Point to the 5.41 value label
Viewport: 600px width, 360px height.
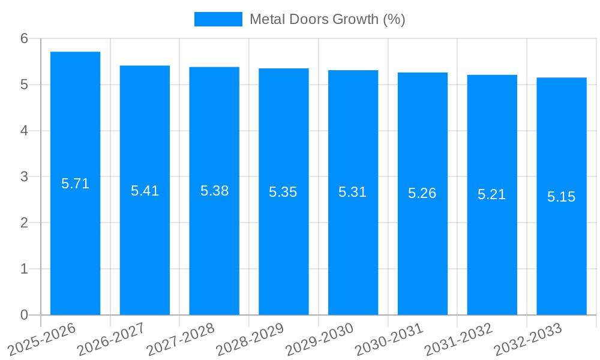pyautogui.click(x=145, y=191)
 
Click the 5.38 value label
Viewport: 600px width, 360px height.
pyautogui.click(x=214, y=191)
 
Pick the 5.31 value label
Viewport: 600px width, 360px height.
pyautogui.click(x=353, y=192)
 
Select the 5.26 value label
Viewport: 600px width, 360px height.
pyautogui.click(x=422, y=193)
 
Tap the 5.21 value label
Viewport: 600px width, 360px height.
pyautogui.click(x=492, y=194)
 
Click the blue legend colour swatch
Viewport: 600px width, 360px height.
pyautogui.click(x=218, y=19)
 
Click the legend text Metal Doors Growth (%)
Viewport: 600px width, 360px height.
pyautogui.click(x=327, y=19)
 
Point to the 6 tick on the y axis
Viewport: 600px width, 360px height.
pyautogui.click(x=24, y=38)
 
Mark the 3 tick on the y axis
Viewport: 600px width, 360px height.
pyautogui.click(x=24, y=177)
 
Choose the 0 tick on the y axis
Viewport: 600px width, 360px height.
pyautogui.click(x=24, y=315)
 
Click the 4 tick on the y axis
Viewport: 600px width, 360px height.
pyautogui.click(x=24, y=131)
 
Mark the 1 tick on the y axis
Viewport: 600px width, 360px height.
pyautogui.click(x=24, y=269)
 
